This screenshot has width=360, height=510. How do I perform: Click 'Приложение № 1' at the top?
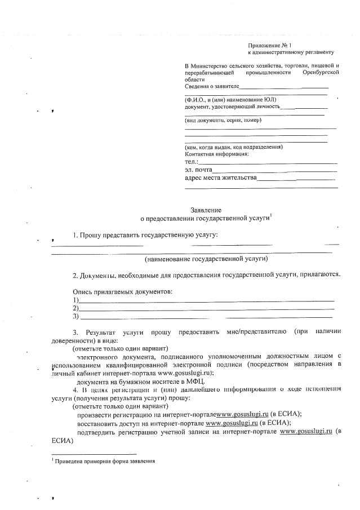click(270, 45)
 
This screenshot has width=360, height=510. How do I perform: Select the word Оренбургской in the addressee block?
click(321, 73)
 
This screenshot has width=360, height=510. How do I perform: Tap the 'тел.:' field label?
click(192, 162)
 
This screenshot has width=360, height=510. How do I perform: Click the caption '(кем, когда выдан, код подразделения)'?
click(234, 147)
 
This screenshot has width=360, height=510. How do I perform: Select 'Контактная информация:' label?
click(217, 154)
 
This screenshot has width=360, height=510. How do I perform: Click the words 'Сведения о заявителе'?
click(212, 86)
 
